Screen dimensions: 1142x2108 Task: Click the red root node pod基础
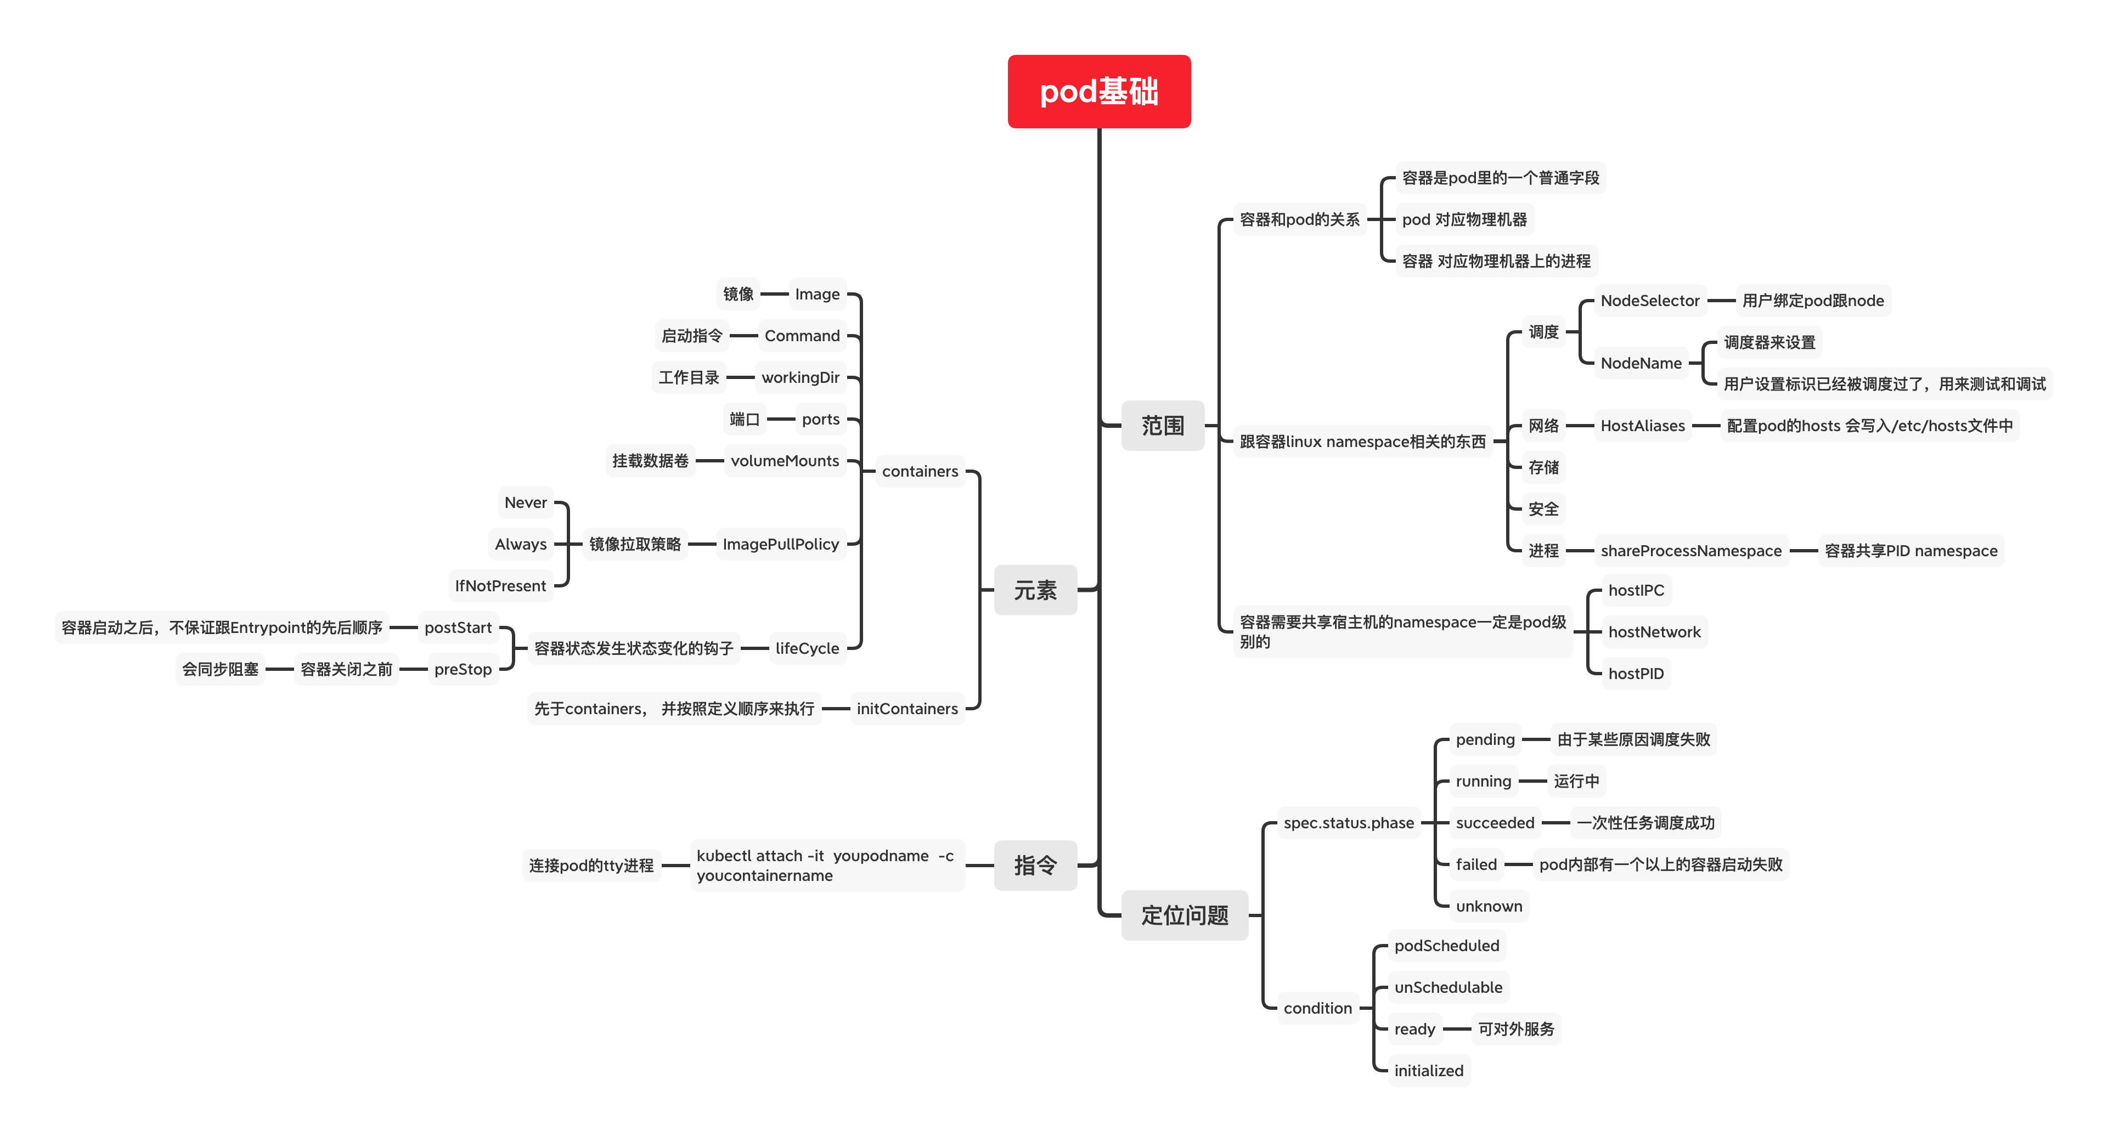coord(1098,92)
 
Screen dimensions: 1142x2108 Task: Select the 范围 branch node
coord(1162,426)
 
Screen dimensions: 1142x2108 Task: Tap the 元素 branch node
coord(1035,590)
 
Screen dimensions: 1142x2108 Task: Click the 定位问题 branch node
coord(1184,915)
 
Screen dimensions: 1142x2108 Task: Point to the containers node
coord(920,471)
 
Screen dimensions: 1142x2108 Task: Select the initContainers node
coord(907,709)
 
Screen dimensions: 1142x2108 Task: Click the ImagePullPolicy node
coord(781,544)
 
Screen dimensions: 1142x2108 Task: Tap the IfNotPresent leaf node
coord(500,586)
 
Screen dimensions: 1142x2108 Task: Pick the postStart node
coord(458,627)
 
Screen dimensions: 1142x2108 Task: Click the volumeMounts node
coord(785,461)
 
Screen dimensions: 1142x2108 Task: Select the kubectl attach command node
coord(825,866)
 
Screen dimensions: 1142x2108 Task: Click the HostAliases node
coord(1642,426)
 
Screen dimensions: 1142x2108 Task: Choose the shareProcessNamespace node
coord(1690,551)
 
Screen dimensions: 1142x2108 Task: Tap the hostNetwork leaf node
coord(1654,631)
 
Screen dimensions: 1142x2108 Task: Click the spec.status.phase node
coord(1349,823)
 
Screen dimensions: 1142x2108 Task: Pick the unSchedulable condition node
coord(1447,987)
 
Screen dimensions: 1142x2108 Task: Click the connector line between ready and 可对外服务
coord(1457,1029)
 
